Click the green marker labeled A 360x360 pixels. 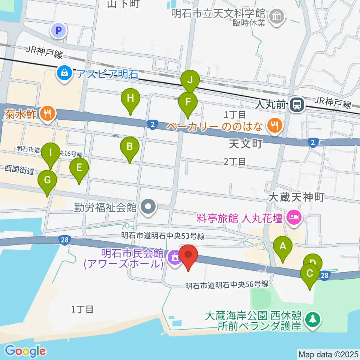(283, 247)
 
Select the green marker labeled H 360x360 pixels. (130, 99)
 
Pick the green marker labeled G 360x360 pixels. (47, 180)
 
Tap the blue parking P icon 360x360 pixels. (59, 31)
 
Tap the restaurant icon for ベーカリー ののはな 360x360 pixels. (274, 125)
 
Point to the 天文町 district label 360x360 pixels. (244, 144)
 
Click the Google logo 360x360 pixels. (25, 351)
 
